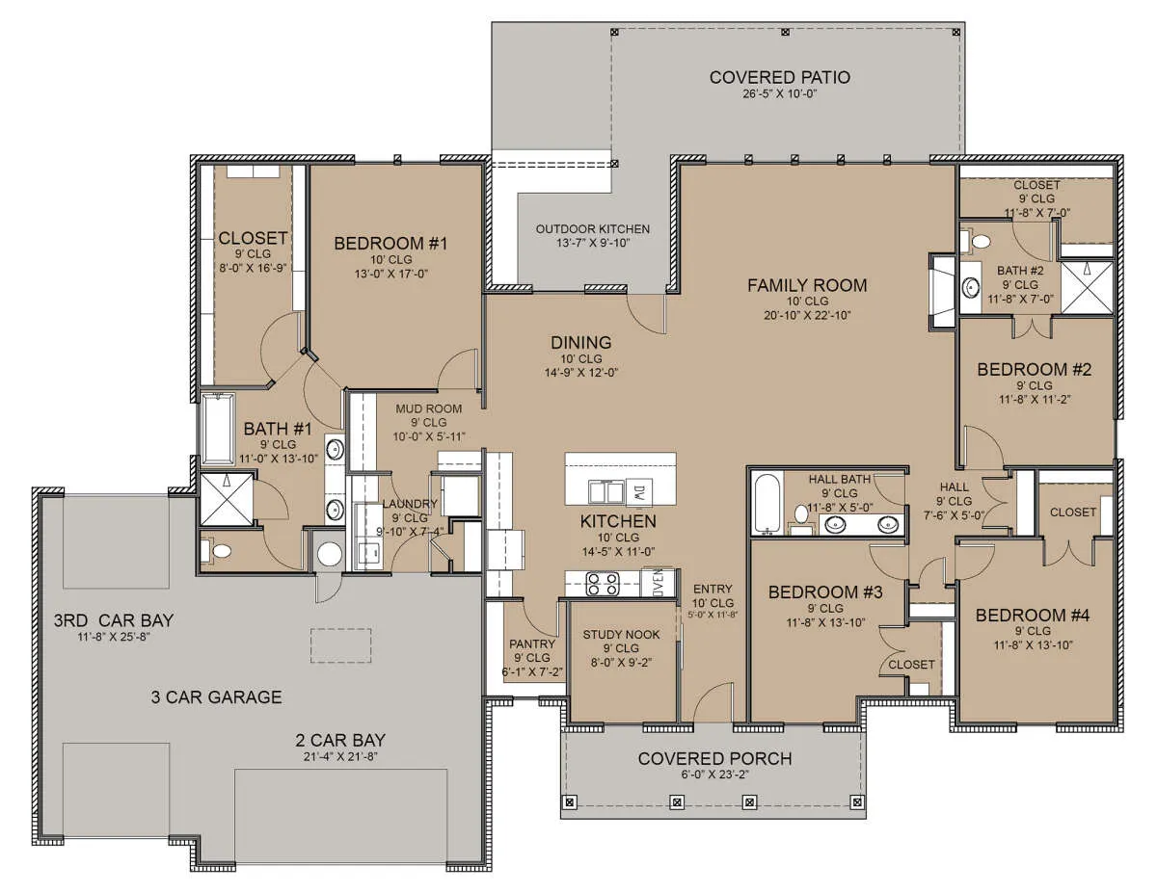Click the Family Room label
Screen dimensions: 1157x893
tap(807, 285)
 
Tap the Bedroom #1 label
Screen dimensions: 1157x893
tap(390, 244)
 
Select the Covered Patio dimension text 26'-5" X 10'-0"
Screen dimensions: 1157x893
tap(779, 94)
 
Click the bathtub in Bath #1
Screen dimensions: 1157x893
tap(218, 429)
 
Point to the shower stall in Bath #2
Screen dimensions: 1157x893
tap(1087, 288)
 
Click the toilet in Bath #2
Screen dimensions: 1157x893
tap(976, 241)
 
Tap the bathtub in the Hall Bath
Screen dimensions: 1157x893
tap(767, 503)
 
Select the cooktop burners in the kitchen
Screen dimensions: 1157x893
tap(603, 584)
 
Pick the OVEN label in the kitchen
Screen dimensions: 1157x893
tap(659, 584)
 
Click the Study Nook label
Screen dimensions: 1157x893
tap(621, 635)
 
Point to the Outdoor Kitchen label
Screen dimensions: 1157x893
tap(593, 229)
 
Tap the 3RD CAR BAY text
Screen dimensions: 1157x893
tap(114, 620)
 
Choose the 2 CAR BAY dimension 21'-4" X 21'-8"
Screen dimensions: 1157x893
tap(340, 756)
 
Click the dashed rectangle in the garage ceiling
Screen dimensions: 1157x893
tap(340, 645)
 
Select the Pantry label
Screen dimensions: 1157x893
tap(532, 644)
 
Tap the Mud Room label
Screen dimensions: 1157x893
tap(429, 409)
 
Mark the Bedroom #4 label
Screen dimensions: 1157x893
tap(1033, 616)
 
